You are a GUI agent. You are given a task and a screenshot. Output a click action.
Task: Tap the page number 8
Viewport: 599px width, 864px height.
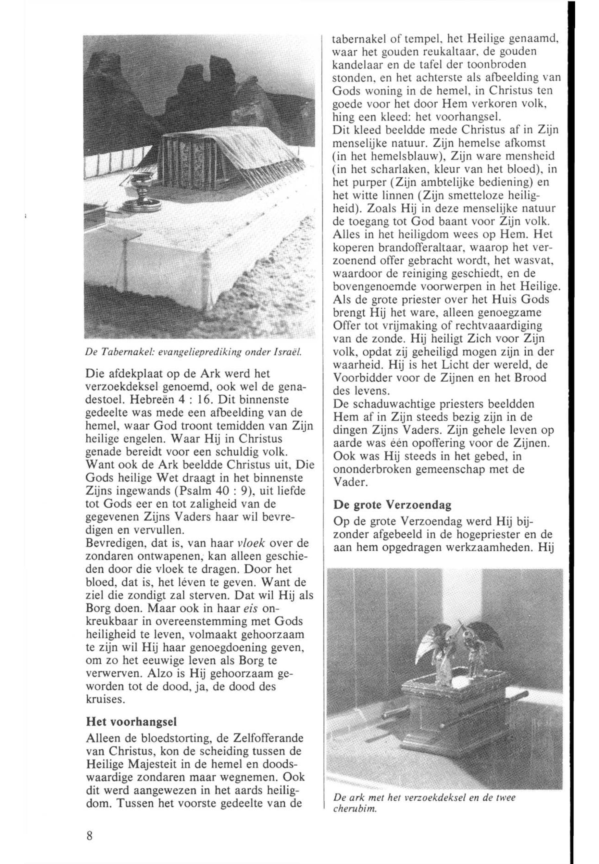point(89,838)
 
